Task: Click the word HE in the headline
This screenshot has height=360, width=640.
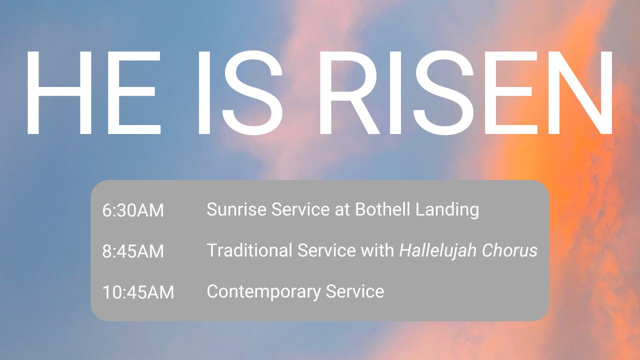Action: coord(93,92)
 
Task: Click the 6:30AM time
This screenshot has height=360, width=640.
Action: coord(133,210)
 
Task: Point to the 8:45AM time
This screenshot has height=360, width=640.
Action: coord(133,251)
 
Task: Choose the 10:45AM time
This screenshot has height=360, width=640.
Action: coord(138,292)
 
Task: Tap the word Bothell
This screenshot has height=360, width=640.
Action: coord(376,209)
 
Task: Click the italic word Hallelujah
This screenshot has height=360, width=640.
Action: coord(438,250)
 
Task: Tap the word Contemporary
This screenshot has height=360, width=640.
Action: coord(263,291)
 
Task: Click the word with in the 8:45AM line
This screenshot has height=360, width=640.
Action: coord(378,250)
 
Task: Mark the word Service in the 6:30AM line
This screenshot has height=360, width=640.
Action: coord(301,209)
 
